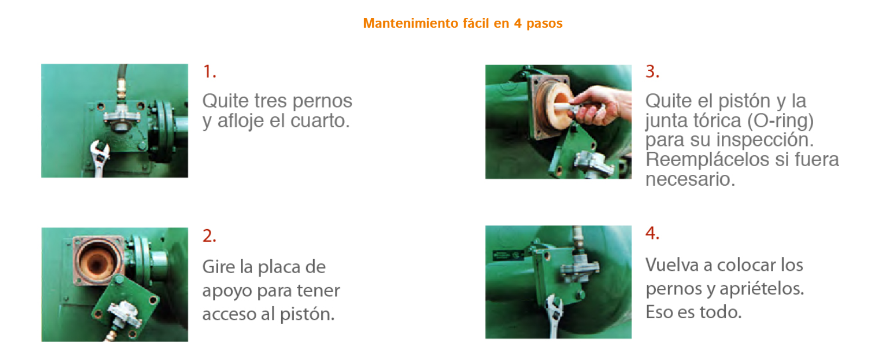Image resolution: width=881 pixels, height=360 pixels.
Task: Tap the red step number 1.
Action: click(209, 72)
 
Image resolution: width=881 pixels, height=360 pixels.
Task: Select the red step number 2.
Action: click(209, 236)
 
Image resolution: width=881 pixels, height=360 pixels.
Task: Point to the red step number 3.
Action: click(652, 72)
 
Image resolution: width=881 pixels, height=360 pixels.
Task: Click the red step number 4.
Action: click(652, 233)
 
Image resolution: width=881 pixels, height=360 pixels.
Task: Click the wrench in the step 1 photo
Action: click(99, 157)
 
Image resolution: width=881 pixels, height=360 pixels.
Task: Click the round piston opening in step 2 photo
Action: click(97, 262)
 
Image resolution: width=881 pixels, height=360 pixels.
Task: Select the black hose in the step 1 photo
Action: click(122, 77)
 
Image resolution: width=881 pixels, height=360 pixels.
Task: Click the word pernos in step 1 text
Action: click(322, 102)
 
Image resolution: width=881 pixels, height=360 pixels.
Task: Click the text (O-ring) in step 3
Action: click(781, 121)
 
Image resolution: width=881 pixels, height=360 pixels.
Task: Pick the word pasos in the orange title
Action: click(544, 23)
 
